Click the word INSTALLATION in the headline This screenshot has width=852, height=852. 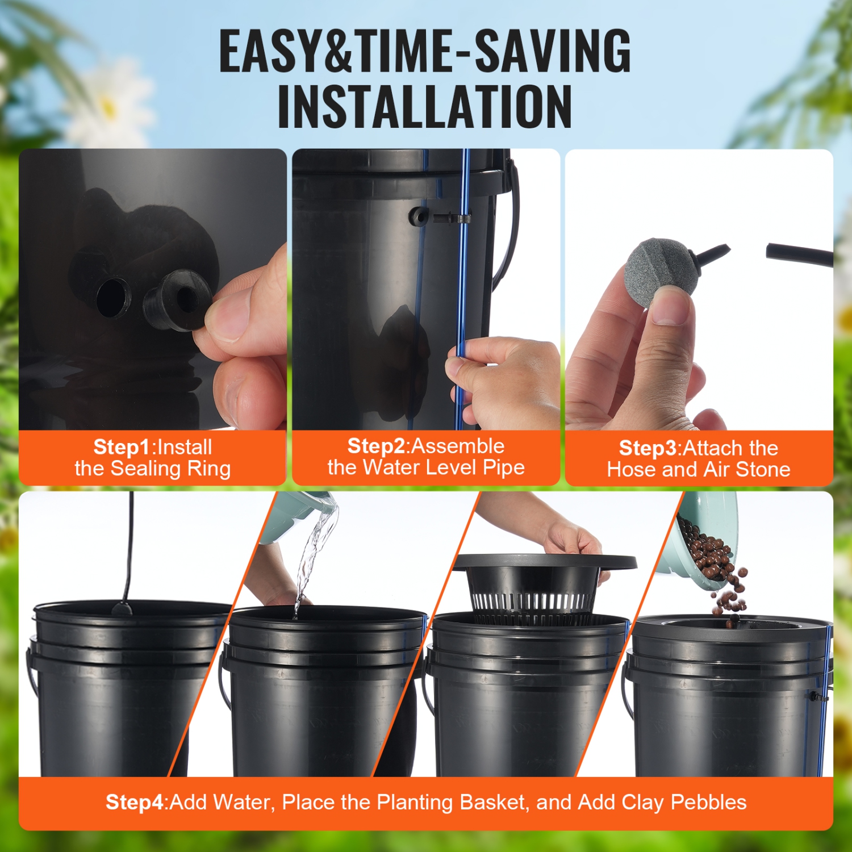click(425, 107)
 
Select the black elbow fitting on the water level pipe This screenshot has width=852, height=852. click(420, 216)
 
